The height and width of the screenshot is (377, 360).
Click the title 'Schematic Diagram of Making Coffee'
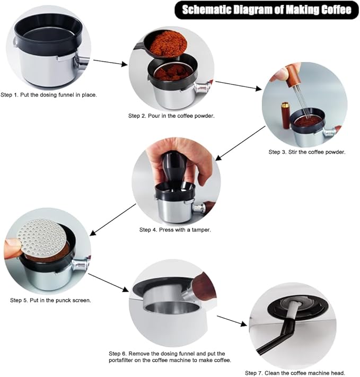(x=267, y=10)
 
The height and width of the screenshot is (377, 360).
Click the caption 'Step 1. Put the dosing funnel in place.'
(x=49, y=95)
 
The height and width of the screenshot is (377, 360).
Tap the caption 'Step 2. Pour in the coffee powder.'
(x=171, y=116)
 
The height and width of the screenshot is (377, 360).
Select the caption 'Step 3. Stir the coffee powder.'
(x=307, y=152)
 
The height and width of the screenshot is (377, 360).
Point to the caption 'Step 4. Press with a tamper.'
(x=175, y=230)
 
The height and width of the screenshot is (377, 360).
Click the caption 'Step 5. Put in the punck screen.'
(x=50, y=300)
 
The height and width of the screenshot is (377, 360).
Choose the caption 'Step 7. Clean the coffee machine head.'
(x=295, y=373)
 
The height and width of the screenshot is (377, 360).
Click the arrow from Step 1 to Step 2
(x=110, y=63)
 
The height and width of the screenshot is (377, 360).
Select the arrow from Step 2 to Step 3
(x=238, y=86)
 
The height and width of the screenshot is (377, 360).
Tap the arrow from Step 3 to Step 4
(x=240, y=143)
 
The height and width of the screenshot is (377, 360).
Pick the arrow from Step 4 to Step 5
(x=113, y=220)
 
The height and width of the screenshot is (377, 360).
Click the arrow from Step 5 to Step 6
(x=109, y=283)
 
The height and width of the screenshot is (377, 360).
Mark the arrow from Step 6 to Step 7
(x=232, y=321)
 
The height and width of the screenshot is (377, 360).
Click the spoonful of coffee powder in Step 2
(x=168, y=44)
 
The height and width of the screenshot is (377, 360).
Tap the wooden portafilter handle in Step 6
(x=203, y=286)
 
